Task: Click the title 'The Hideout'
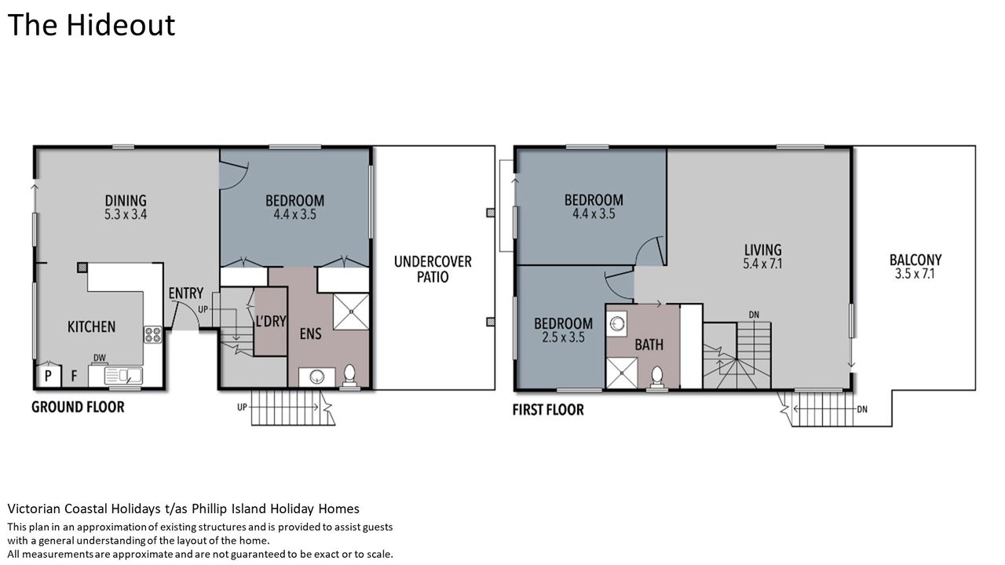(91, 25)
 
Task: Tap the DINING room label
(126, 200)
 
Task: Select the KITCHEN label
(92, 326)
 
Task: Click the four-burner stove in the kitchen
(153, 334)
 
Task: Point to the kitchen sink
(123, 376)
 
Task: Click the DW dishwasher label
(100, 358)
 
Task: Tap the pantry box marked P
(48, 376)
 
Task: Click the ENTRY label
(186, 293)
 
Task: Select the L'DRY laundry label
(271, 321)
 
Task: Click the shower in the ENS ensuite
(351, 312)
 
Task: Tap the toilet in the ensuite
(349, 376)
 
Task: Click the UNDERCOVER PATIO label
(433, 269)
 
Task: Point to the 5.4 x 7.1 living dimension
(762, 264)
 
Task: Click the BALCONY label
(915, 260)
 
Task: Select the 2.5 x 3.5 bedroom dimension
(563, 337)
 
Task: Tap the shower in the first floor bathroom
(622, 373)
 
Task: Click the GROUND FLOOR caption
(78, 407)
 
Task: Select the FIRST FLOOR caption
(548, 410)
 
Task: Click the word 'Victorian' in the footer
(35, 509)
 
